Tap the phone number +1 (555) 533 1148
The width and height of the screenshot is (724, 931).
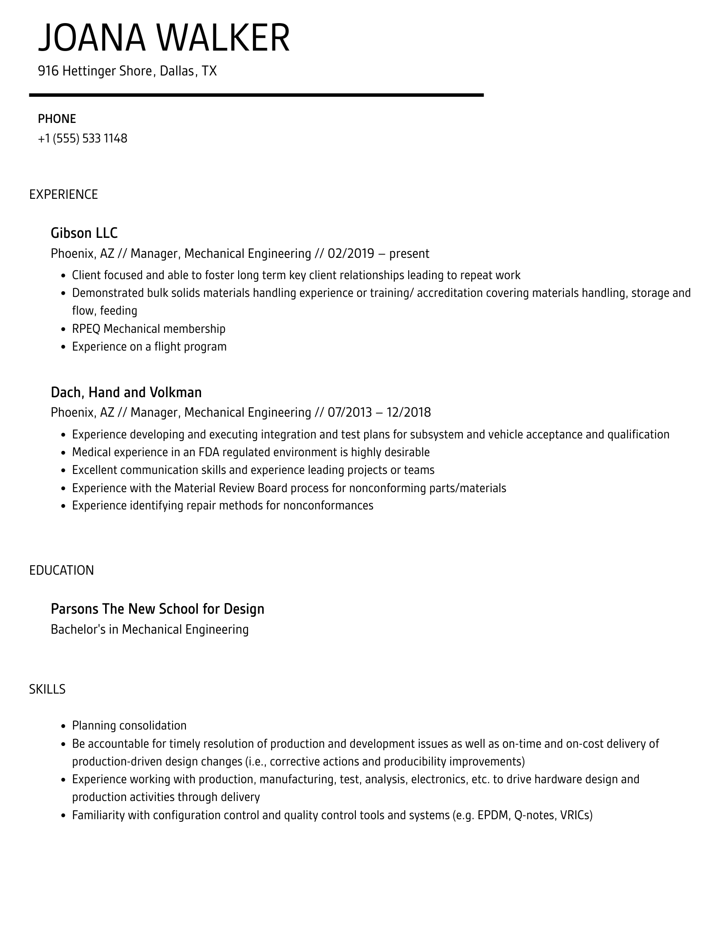(83, 138)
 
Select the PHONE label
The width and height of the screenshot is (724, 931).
(57, 119)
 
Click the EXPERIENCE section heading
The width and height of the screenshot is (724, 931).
(63, 194)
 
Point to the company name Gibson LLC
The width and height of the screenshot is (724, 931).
(84, 233)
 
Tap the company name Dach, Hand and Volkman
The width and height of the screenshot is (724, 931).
(126, 392)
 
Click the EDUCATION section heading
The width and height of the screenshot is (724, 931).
(62, 570)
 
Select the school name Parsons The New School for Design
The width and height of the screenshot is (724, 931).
(157, 609)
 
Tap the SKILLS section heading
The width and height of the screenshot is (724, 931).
(47, 689)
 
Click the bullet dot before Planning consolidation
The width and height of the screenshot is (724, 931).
(63, 726)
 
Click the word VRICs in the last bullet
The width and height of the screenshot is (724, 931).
(576, 815)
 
